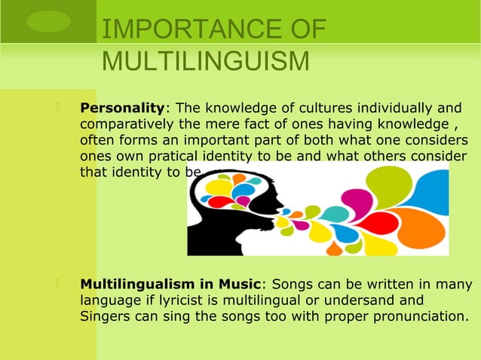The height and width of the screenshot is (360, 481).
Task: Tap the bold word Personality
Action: coord(122,109)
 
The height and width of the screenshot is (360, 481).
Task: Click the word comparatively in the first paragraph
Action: coord(126,125)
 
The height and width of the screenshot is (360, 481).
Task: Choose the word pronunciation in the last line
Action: coord(419,317)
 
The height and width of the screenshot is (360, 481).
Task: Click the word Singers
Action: coord(106,317)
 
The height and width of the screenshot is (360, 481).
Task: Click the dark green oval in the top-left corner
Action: coord(47,20)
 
